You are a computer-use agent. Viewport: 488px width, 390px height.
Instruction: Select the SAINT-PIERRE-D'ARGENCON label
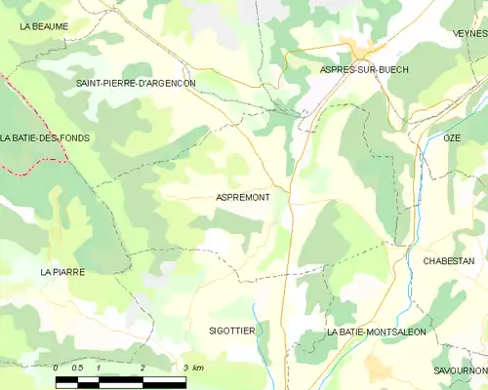(x=136, y=84)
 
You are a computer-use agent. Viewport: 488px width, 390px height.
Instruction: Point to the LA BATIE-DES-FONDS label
(x=46, y=138)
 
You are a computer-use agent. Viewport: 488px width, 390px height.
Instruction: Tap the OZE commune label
(x=452, y=138)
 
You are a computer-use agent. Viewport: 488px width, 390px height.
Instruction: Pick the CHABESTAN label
(x=449, y=261)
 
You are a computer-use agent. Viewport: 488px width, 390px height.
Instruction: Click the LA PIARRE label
(x=62, y=272)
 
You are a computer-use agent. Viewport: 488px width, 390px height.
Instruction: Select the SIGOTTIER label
(x=232, y=331)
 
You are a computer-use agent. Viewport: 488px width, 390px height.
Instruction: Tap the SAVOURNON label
(x=461, y=371)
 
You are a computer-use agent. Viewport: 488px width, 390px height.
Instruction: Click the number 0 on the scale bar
(x=57, y=368)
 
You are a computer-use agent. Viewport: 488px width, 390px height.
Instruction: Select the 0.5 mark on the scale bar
(x=77, y=368)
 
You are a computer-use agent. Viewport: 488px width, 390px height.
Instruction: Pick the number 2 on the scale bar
(x=142, y=368)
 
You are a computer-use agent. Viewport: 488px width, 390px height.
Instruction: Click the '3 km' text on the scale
(x=192, y=368)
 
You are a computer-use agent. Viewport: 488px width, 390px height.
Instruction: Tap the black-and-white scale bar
(x=120, y=380)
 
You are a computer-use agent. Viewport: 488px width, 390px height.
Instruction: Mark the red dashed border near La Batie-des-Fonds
(x=29, y=117)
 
